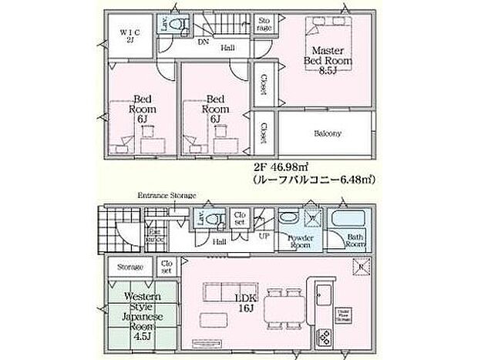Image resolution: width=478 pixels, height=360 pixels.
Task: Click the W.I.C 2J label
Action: click(x=127, y=37)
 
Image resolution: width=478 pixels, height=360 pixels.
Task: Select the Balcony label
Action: click(x=328, y=133)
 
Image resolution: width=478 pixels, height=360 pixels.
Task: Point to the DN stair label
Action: click(x=203, y=42)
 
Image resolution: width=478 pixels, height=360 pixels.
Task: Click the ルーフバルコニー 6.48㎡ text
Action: click(x=313, y=179)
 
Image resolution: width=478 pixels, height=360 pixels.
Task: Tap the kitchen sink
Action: click(x=322, y=294)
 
